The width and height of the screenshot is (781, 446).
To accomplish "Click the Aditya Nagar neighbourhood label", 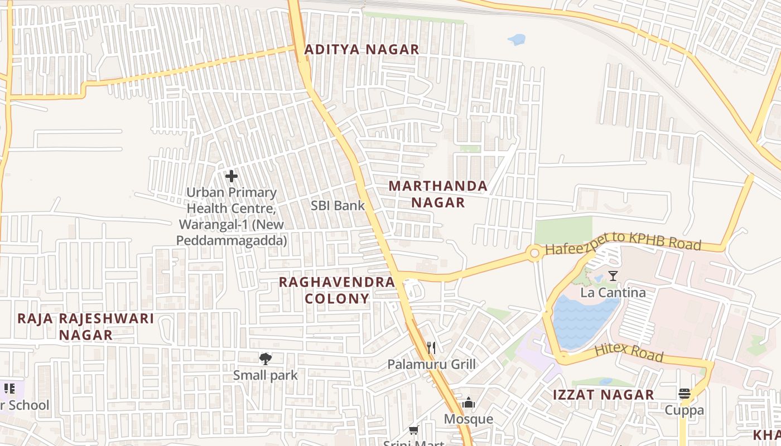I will click(x=361, y=50).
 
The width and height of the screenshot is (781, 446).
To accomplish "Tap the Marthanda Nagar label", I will click(x=438, y=194).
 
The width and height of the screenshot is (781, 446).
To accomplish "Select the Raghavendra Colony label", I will click(x=337, y=290).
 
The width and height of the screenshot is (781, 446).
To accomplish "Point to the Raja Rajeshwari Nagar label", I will click(x=85, y=327).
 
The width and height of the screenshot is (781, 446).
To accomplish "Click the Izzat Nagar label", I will click(x=603, y=395).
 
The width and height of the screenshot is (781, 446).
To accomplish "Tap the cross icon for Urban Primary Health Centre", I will click(x=232, y=177).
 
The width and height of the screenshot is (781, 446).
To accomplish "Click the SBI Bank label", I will click(x=338, y=206).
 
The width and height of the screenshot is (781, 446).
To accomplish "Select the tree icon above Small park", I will click(x=266, y=359).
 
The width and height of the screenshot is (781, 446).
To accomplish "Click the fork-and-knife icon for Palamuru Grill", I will click(x=431, y=348).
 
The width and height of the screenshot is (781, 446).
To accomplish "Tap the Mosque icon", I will click(x=469, y=403).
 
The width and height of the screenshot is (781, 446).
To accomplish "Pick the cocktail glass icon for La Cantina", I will click(x=613, y=275).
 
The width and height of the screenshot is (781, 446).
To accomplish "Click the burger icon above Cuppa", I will click(x=684, y=394).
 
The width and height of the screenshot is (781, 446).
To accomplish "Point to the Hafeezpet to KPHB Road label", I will click(x=623, y=244).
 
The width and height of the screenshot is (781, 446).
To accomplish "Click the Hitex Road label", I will click(x=628, y=352).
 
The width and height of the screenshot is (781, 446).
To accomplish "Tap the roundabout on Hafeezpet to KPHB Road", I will click(x=534, y=254).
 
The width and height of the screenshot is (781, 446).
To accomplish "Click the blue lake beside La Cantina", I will click(x=583, y=321).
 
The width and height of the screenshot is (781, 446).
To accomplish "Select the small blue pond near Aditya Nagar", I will click(x=517, y=40).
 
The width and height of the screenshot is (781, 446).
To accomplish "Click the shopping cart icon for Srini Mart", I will click(x=414, y=430).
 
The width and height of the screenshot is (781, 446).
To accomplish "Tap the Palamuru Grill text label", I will click(x=432, y=365).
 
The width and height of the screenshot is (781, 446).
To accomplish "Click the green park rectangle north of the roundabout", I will click(x=563, y=230).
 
